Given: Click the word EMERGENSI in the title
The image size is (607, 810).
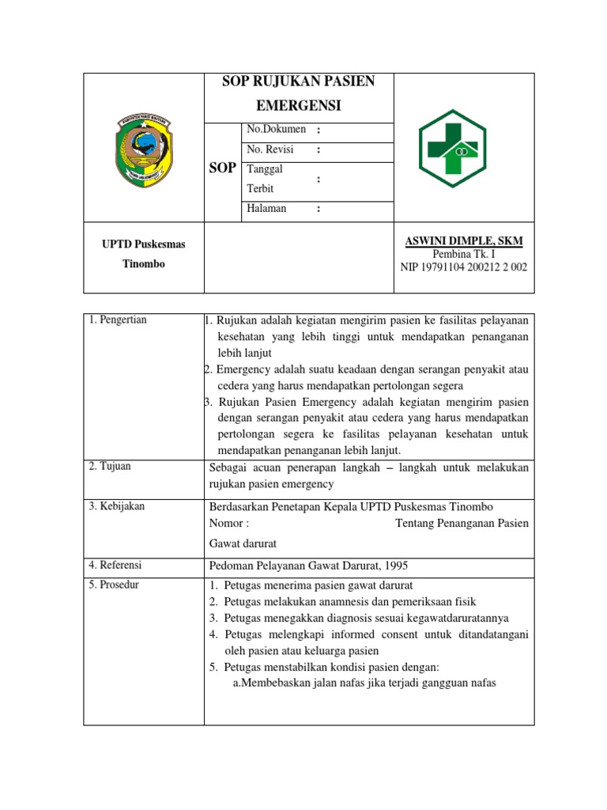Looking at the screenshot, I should coord(298,105).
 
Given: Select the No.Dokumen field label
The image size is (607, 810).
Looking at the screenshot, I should coord(276,130).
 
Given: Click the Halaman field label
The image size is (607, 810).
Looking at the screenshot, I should coord(266,209).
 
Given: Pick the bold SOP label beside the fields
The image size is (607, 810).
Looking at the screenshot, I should coord(222,168).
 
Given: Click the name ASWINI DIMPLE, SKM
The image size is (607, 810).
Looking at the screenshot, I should coord(463,240).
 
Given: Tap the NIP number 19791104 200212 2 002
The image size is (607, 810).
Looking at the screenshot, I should coord(463,267).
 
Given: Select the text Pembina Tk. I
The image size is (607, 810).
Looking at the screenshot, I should coord(463,254).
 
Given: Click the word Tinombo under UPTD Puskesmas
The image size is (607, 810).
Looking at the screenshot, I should coord(143,264).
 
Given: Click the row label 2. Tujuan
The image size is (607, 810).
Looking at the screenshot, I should coord(110,467).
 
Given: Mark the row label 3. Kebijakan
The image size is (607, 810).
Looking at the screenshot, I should coord(117,506).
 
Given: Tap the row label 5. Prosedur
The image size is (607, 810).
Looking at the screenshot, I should coord(115,585).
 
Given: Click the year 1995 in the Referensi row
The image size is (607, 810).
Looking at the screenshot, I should coord(396,565).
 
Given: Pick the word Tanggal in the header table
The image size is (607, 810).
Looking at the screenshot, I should coord(265,169).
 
